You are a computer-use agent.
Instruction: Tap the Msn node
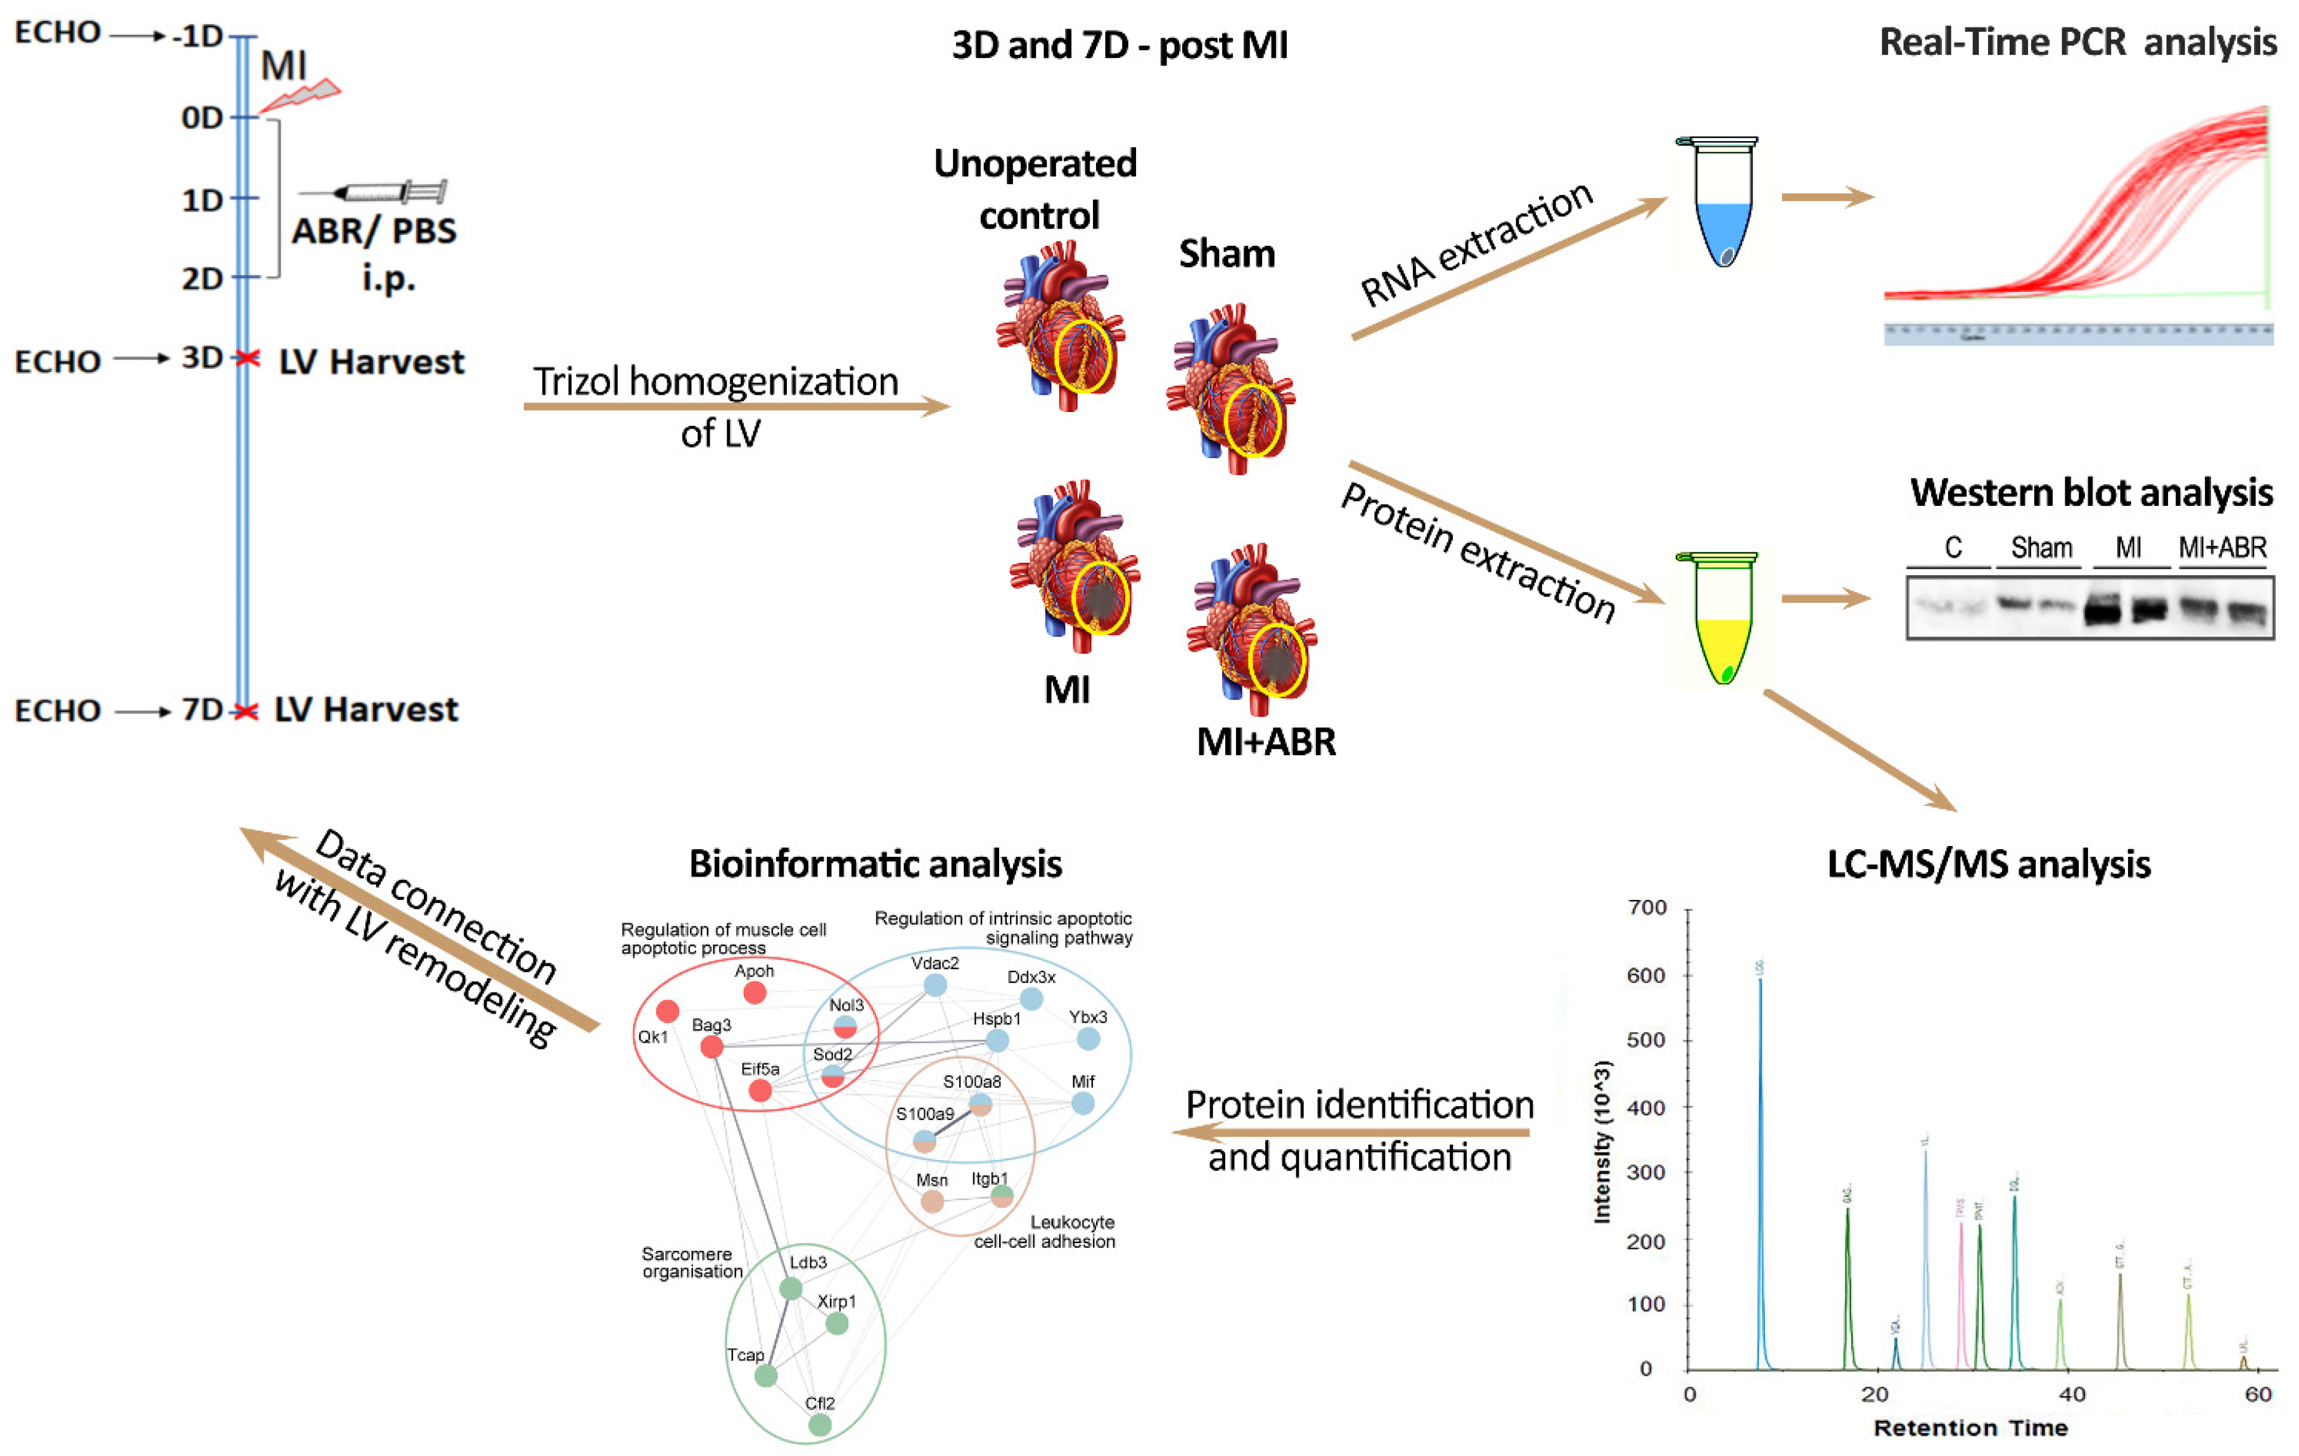click(x=932, y=1201)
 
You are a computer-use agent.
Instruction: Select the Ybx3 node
click(x=1088, y=1039)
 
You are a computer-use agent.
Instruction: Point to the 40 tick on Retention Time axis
click(x=2072, y=1394)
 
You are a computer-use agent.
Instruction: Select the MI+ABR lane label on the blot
click(x=2222, y=548)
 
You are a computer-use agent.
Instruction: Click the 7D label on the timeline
click(x=201, y=709)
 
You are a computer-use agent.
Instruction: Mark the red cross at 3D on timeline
click(x=248, y=358)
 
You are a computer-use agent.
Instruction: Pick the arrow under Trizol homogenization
click(x=735, y=407)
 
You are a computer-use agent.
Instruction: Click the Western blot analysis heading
click(x=2091, y=493)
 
